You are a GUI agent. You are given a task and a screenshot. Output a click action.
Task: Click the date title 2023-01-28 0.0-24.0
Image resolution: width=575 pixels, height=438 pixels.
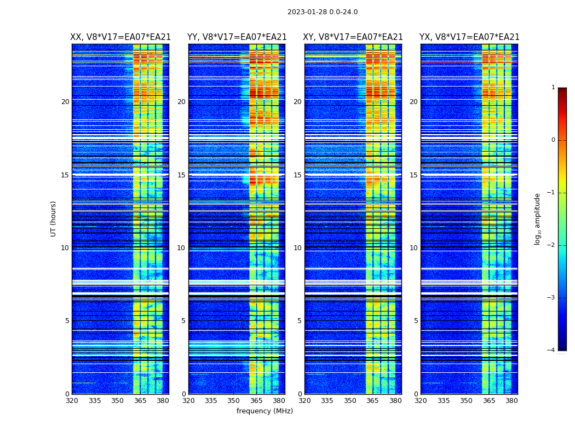click(323, 12)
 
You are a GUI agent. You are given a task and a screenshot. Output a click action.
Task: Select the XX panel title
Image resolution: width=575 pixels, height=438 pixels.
click(120, 37)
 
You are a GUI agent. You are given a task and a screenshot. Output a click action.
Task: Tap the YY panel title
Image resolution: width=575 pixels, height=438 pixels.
click(237, 37)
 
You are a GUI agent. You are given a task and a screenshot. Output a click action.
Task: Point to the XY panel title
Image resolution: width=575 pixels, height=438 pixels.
click(353, 37)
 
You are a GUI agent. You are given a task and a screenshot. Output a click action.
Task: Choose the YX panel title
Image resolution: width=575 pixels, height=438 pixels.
click(469, 37)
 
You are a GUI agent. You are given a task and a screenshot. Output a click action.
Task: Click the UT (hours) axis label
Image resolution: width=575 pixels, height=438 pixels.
click(54, 218)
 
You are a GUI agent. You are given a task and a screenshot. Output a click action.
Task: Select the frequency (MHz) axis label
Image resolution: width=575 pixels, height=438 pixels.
click(264, 411)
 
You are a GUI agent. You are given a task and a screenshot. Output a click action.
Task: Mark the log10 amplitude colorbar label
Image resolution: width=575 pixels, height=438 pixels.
click(538, 218)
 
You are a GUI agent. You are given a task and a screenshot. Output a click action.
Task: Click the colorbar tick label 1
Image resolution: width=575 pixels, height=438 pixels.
click(553, 88)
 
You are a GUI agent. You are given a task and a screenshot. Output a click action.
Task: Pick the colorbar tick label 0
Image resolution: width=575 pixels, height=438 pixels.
click(553, 140)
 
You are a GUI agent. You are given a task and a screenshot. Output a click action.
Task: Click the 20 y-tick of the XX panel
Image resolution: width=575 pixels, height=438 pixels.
click(65, 102)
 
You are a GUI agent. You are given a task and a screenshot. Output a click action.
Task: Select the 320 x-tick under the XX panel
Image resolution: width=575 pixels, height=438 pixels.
click(72, 401)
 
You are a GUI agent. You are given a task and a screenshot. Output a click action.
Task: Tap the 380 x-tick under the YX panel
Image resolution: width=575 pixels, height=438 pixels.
click(511, 401)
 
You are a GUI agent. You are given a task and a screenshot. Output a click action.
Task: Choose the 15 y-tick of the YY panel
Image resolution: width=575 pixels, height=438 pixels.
click(181, 175)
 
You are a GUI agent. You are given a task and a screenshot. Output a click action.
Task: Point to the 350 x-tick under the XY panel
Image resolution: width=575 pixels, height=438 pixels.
click(350, 401)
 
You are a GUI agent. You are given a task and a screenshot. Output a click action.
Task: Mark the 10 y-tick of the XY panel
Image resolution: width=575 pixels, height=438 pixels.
click(297, 248)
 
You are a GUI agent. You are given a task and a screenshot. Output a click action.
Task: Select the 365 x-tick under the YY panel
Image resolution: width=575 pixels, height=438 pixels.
click(256, 401)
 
